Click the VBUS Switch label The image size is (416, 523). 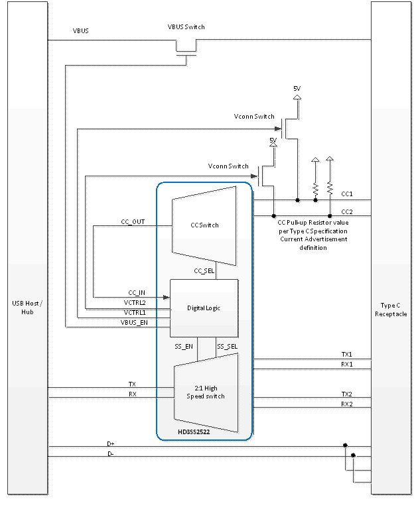click(x=186, y=27)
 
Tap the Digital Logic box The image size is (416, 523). click(x=204, y=308)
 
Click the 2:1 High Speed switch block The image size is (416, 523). click(x=205, y=392)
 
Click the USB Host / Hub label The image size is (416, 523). click(x=27, y=308)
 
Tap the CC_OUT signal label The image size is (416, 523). click(x=133, y=222)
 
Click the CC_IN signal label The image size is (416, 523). click(x=136, y=292)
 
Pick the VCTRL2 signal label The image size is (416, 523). click(x=135, y=302)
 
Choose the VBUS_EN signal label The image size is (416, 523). click(x=135, y=321)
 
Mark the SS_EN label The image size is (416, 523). click(x=184, y=346)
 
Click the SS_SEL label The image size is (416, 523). click(x=228, y=346)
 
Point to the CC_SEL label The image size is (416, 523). click(x=204, y=270)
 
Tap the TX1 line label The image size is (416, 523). click(x=346, y=355)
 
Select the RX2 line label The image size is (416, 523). click(x=346, y=404)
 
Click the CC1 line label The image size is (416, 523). click(x=346, y=194)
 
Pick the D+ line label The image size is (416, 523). click(x=111, y=443)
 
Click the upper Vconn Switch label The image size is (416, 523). click(x=254, y=116)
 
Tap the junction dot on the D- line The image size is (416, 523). click(x=353, y=455)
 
